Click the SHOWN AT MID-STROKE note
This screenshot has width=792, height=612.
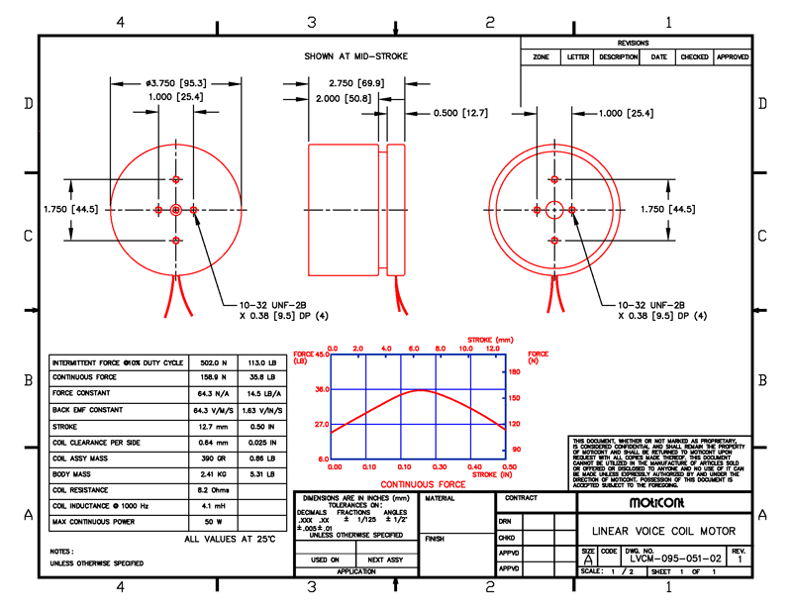click(355, 56)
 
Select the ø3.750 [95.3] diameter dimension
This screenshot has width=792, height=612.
click(176, 83)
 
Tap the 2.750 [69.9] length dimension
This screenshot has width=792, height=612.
click(356, 83)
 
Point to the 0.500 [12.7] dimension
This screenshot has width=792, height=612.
click(460, 114)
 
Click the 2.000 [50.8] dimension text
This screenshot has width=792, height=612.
click(356, 99)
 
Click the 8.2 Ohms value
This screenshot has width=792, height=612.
click(213, 489)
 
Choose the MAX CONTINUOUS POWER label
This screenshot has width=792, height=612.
click(93, 521)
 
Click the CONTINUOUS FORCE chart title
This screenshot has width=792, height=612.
click(423, 484)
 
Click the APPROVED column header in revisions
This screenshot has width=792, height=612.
click(733, 57)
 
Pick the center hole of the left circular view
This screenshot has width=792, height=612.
click(176, 210)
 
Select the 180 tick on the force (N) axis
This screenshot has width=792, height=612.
click(514, 371)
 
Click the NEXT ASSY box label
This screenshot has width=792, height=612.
click(385, 560)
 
